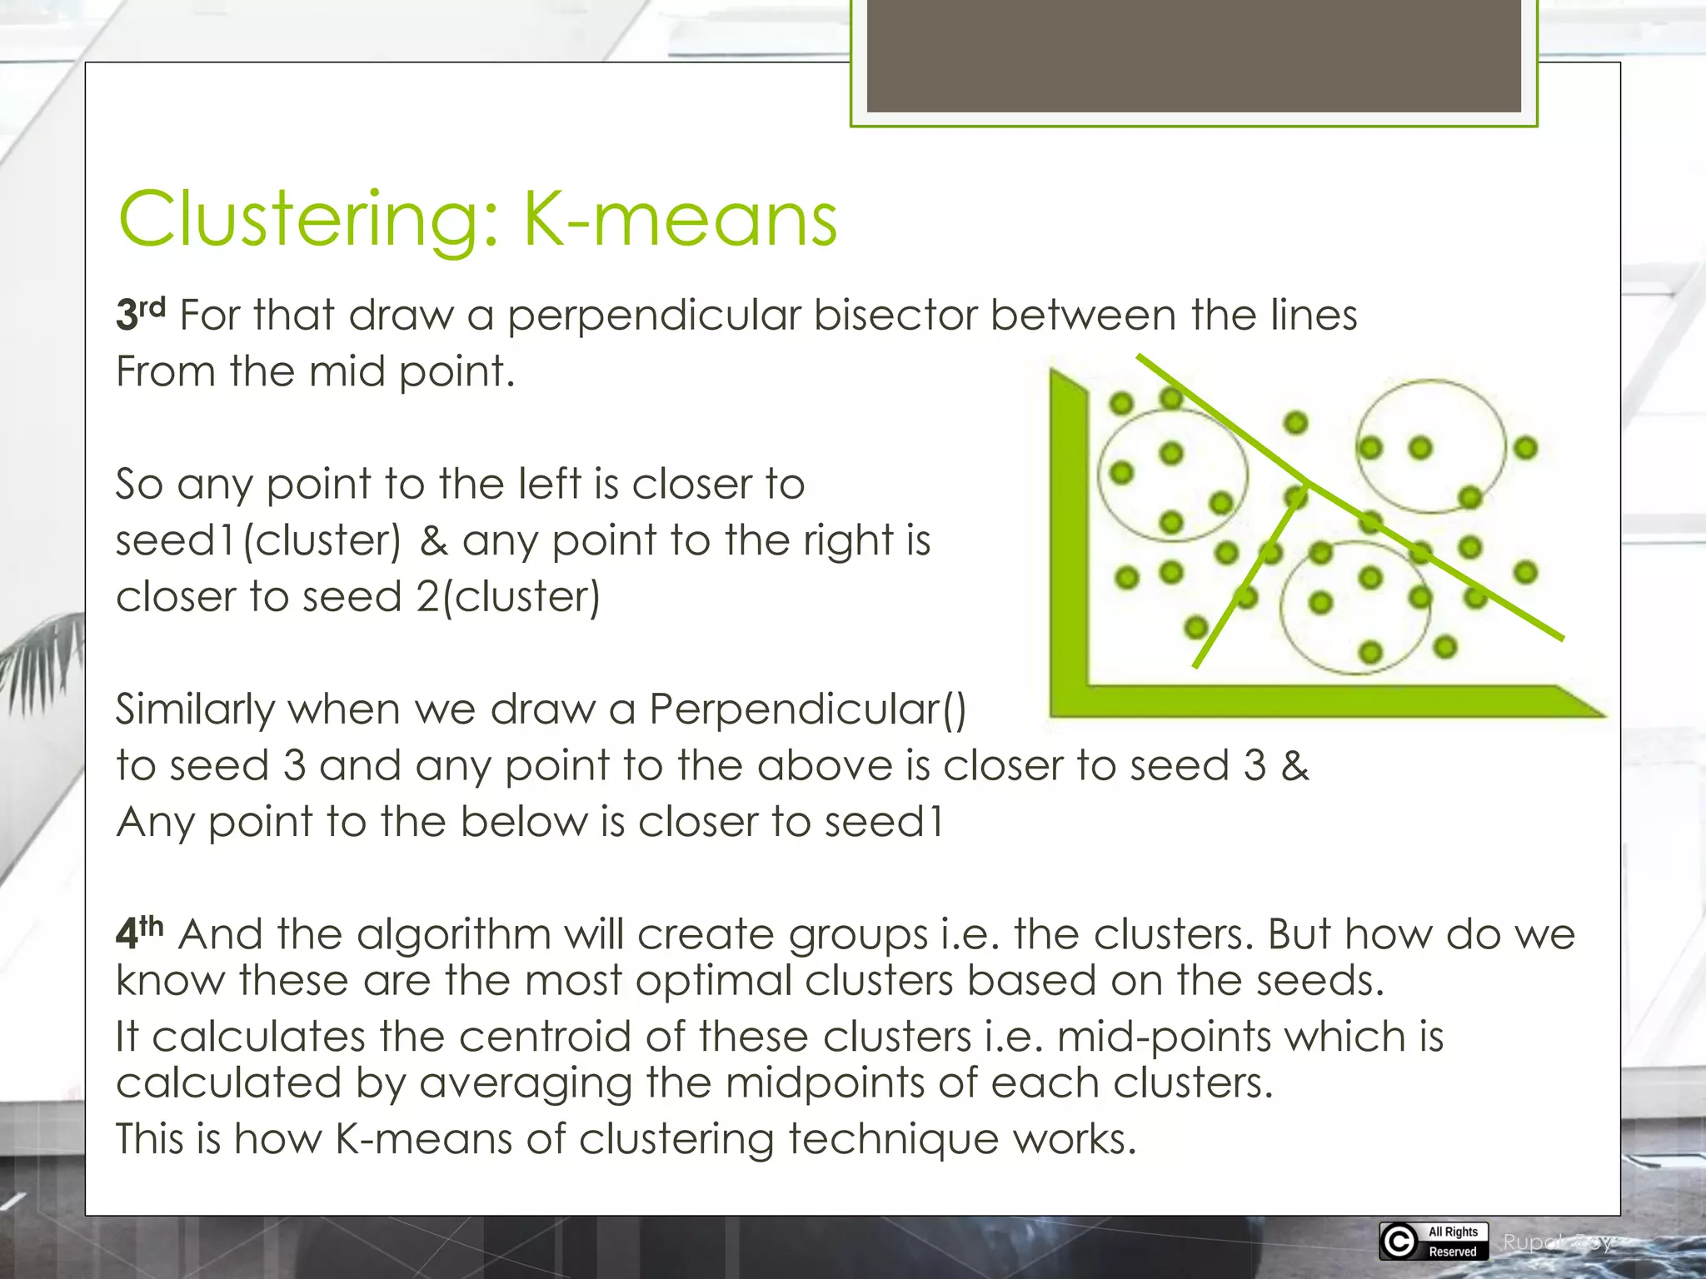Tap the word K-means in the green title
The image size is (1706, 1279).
pos(680,219)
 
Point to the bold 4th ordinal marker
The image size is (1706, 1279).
pos(139,933)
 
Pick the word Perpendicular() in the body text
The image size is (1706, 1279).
pos(807,710)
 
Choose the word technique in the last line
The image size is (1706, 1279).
pos(893,1138)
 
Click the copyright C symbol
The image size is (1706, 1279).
pos(1399,1241)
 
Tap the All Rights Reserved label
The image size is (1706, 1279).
pos(1453,1241)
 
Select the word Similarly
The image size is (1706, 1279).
pos(195,710)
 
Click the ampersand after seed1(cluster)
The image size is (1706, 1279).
pos(434,540)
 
